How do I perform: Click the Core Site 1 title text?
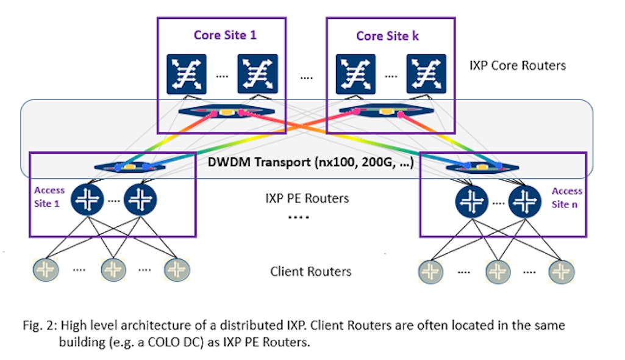pos(225,35)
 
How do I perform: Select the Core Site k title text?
pos(387,35)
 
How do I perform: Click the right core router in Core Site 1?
pos(258,73)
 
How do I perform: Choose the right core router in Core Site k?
pos(426,73)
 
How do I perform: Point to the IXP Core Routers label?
pos(518,65)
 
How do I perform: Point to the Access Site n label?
pos(566,196)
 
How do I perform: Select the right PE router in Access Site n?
pos(525,201)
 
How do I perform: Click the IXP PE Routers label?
pos(307,198)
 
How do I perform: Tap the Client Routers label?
pos(311,271)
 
